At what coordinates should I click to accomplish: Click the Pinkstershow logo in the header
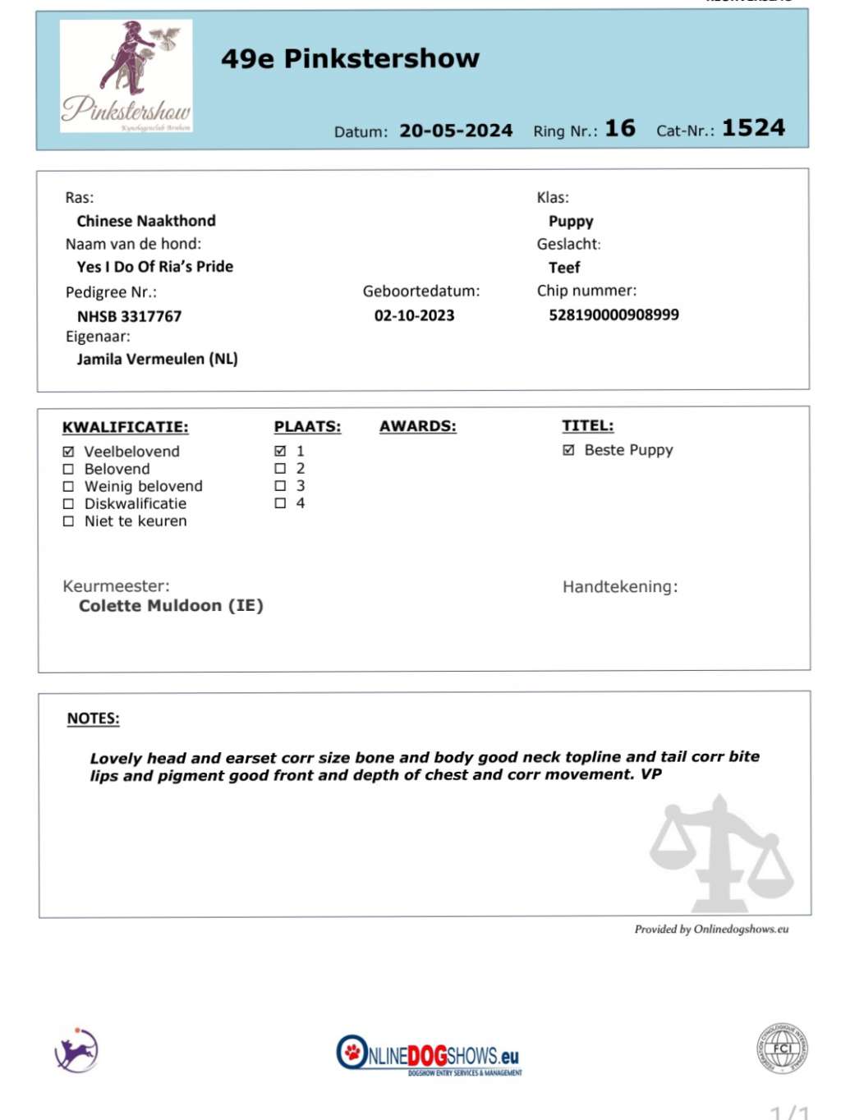[126, 76]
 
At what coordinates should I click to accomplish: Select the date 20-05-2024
[456, 131]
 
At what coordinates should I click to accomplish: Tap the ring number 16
[620, 129]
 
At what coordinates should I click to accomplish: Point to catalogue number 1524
[753, 128]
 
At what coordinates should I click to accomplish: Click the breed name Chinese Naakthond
[146, 221]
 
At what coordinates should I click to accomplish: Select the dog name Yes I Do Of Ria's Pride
[154, 267]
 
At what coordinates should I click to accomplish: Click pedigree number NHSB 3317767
[129, 316]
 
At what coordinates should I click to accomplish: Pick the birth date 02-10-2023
[414, 315]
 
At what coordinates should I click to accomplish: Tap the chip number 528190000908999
[614, 314]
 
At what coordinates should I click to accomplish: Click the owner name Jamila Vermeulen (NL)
[157, 359]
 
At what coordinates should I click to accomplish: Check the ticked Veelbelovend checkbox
[69, 452]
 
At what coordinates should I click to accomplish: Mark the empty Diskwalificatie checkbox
[69, 504]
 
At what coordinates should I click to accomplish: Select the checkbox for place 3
[280, 486]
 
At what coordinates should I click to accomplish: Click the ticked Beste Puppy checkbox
[568, 450]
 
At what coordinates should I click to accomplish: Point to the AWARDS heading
[417, 426]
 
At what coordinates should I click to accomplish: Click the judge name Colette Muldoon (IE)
[171, 606]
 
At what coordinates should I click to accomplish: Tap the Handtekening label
[620, 587]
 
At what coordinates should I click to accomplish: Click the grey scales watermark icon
[721, 854]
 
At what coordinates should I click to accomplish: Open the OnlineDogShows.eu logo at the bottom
[429, 1055]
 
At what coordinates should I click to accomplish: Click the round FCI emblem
[782, 1049]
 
